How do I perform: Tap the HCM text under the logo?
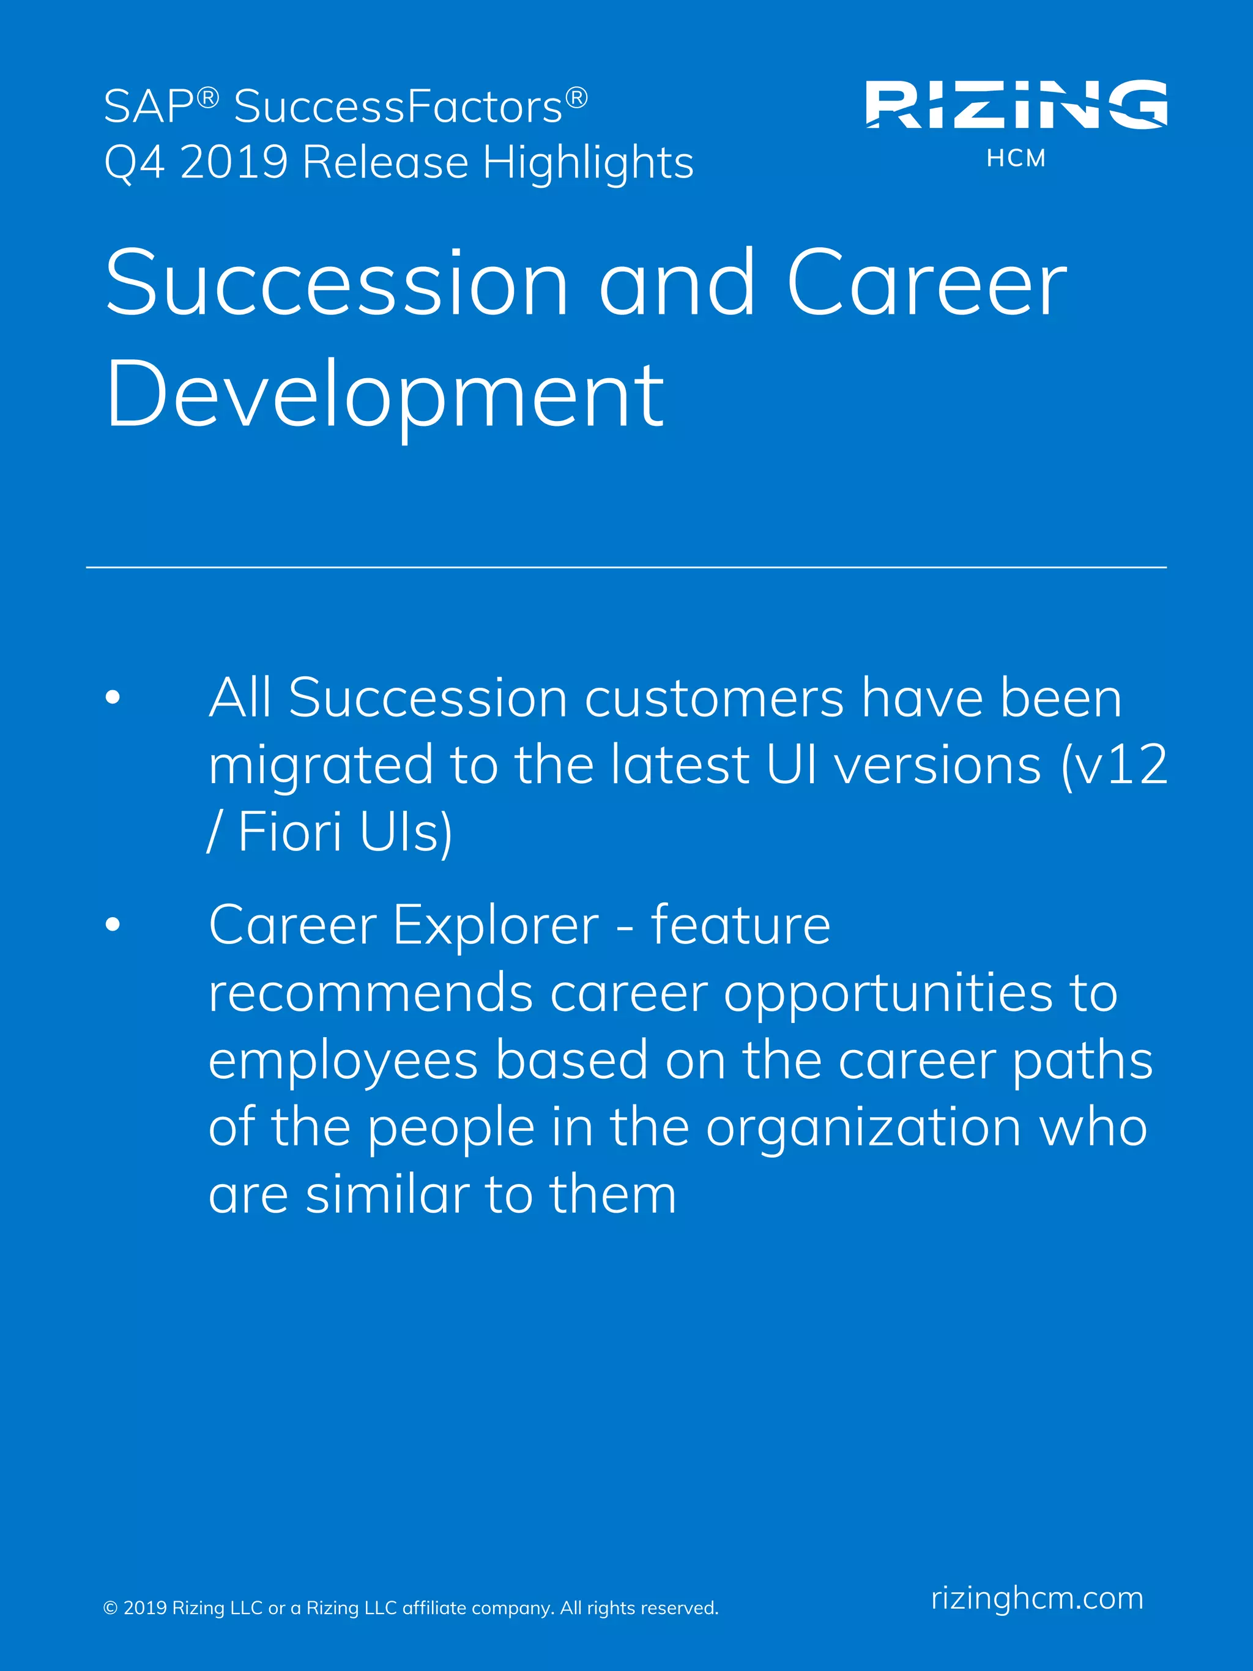(1016, 158)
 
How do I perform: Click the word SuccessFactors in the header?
(398, 106)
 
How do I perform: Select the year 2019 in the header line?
(234, 162)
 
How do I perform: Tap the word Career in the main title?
(927, 284)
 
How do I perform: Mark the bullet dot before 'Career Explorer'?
(113, 924)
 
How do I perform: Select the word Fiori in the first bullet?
(290, 832)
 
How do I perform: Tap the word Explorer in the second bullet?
(496, 925)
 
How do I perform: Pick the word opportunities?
(888, 994)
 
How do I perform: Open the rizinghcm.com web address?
(1037, 1598)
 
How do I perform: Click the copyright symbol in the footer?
(110, 1607)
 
